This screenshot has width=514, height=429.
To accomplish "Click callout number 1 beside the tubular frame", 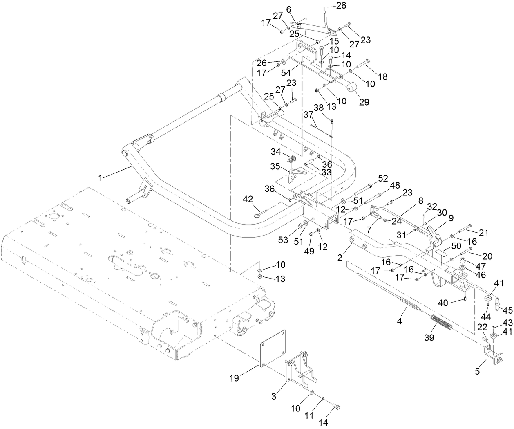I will click(x=101, y=177).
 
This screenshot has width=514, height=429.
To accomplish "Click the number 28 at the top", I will click(x=341, y=5).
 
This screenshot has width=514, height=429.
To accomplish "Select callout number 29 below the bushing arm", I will click(x=364, y=102).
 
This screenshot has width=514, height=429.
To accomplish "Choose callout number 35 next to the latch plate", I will click(x=275, y=167).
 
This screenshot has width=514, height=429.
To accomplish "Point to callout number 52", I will click(x=382, y=178).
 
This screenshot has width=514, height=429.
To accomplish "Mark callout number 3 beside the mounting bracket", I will click(x=274, y=396).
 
